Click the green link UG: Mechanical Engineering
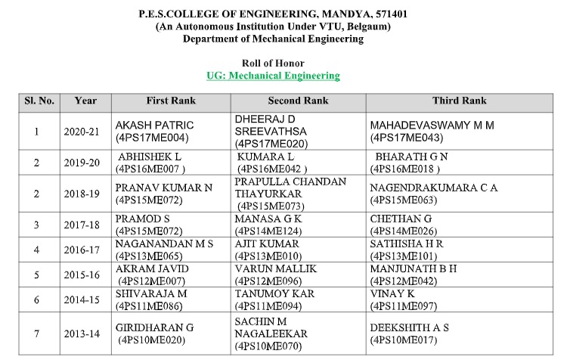point(273,76)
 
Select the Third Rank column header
point(459,101)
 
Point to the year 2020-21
point(85,131)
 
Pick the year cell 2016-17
point(85,249)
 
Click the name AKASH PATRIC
point(153,125)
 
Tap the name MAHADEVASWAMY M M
point(431,125)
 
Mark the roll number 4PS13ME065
point(151,255)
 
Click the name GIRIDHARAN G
point(153,327)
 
